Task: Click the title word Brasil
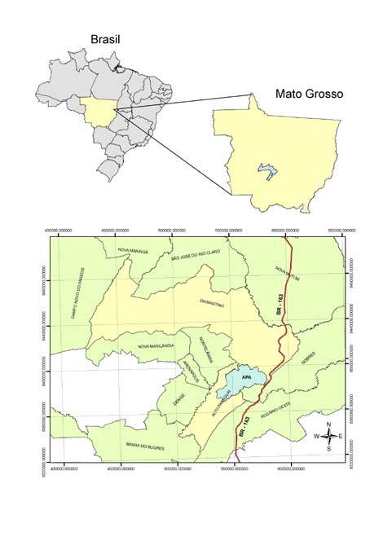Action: [x=111, y=39]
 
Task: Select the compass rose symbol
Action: [x=328, y=436]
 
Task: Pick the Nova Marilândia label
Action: [x=156, y=346]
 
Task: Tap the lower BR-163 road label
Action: [x=244, y=429]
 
